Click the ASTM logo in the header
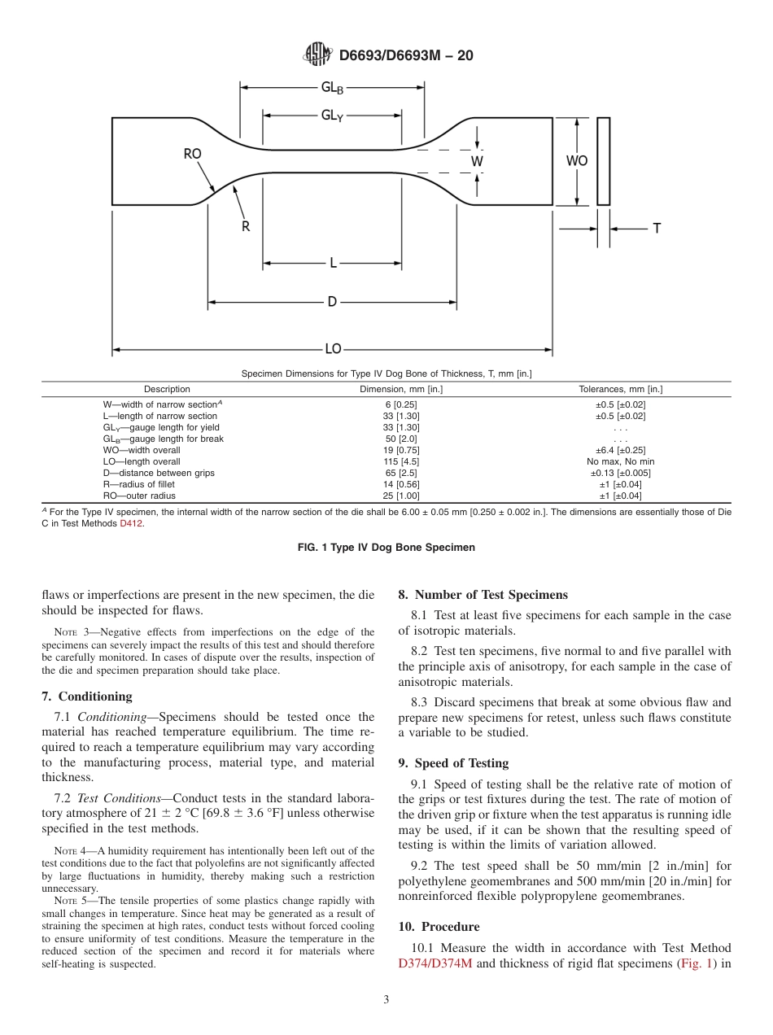317,55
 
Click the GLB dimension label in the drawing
332,88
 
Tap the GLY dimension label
332,116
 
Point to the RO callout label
192,154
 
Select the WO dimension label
577,161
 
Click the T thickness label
657,229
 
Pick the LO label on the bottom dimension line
333,349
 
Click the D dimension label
332,302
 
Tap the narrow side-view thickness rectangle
603,161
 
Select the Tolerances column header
621,389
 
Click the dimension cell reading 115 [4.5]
401,461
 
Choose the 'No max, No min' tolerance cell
621,461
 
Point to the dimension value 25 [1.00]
401,496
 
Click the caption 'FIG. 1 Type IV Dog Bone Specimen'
386,548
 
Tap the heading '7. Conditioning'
86,696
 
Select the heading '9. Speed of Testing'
453,762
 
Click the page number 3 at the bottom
386,999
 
